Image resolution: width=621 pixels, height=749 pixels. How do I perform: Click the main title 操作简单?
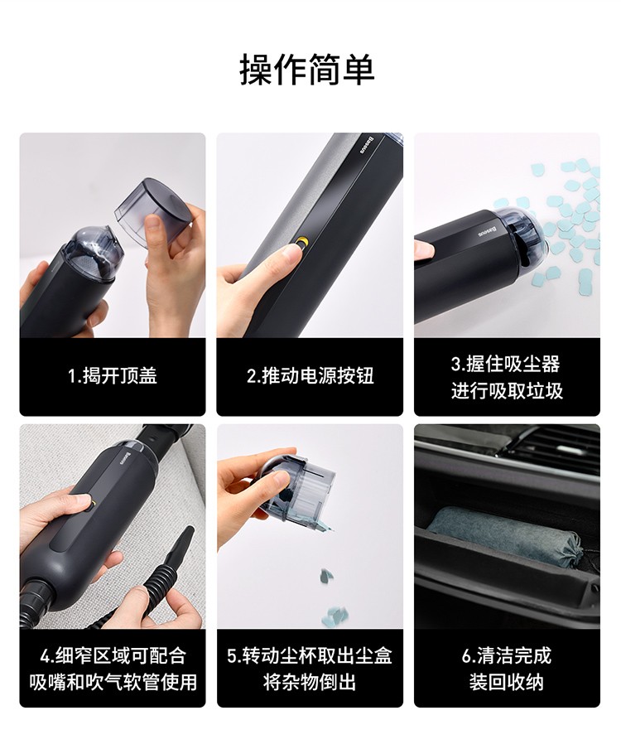(307, 70)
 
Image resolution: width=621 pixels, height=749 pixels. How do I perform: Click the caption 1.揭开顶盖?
(113, 376)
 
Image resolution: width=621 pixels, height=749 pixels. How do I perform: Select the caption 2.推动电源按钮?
(310, 376)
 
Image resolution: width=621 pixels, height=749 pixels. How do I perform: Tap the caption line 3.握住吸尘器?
(506, 364)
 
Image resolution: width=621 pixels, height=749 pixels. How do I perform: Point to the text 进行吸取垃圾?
(507, 391)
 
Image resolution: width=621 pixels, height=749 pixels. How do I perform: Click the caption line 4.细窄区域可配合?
(113, 656)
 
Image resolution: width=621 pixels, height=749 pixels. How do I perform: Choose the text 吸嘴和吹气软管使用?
(113, 682)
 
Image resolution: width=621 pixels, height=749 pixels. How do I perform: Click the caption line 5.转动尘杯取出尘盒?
(310, 656)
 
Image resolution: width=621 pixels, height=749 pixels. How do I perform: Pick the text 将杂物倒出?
(310, 682)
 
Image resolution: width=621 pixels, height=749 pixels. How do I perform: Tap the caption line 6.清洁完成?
(507, 656)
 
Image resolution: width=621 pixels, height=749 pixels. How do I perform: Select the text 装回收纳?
(507, 682)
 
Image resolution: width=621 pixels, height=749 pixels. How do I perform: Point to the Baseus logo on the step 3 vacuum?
(488, 232)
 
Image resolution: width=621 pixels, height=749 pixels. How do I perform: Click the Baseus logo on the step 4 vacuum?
(123, 457)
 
